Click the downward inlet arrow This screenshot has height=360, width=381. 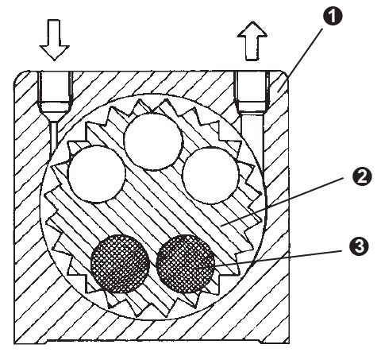55,40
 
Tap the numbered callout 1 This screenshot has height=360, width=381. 333,16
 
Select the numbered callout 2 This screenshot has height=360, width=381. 362,176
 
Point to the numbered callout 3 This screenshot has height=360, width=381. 359,246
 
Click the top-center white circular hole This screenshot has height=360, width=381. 153,141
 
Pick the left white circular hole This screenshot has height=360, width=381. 97,174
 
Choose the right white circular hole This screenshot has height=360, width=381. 210,175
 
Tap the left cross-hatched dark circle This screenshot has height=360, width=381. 120,264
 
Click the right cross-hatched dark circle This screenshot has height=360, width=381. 186,264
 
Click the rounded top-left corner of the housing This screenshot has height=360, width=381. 21,77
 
